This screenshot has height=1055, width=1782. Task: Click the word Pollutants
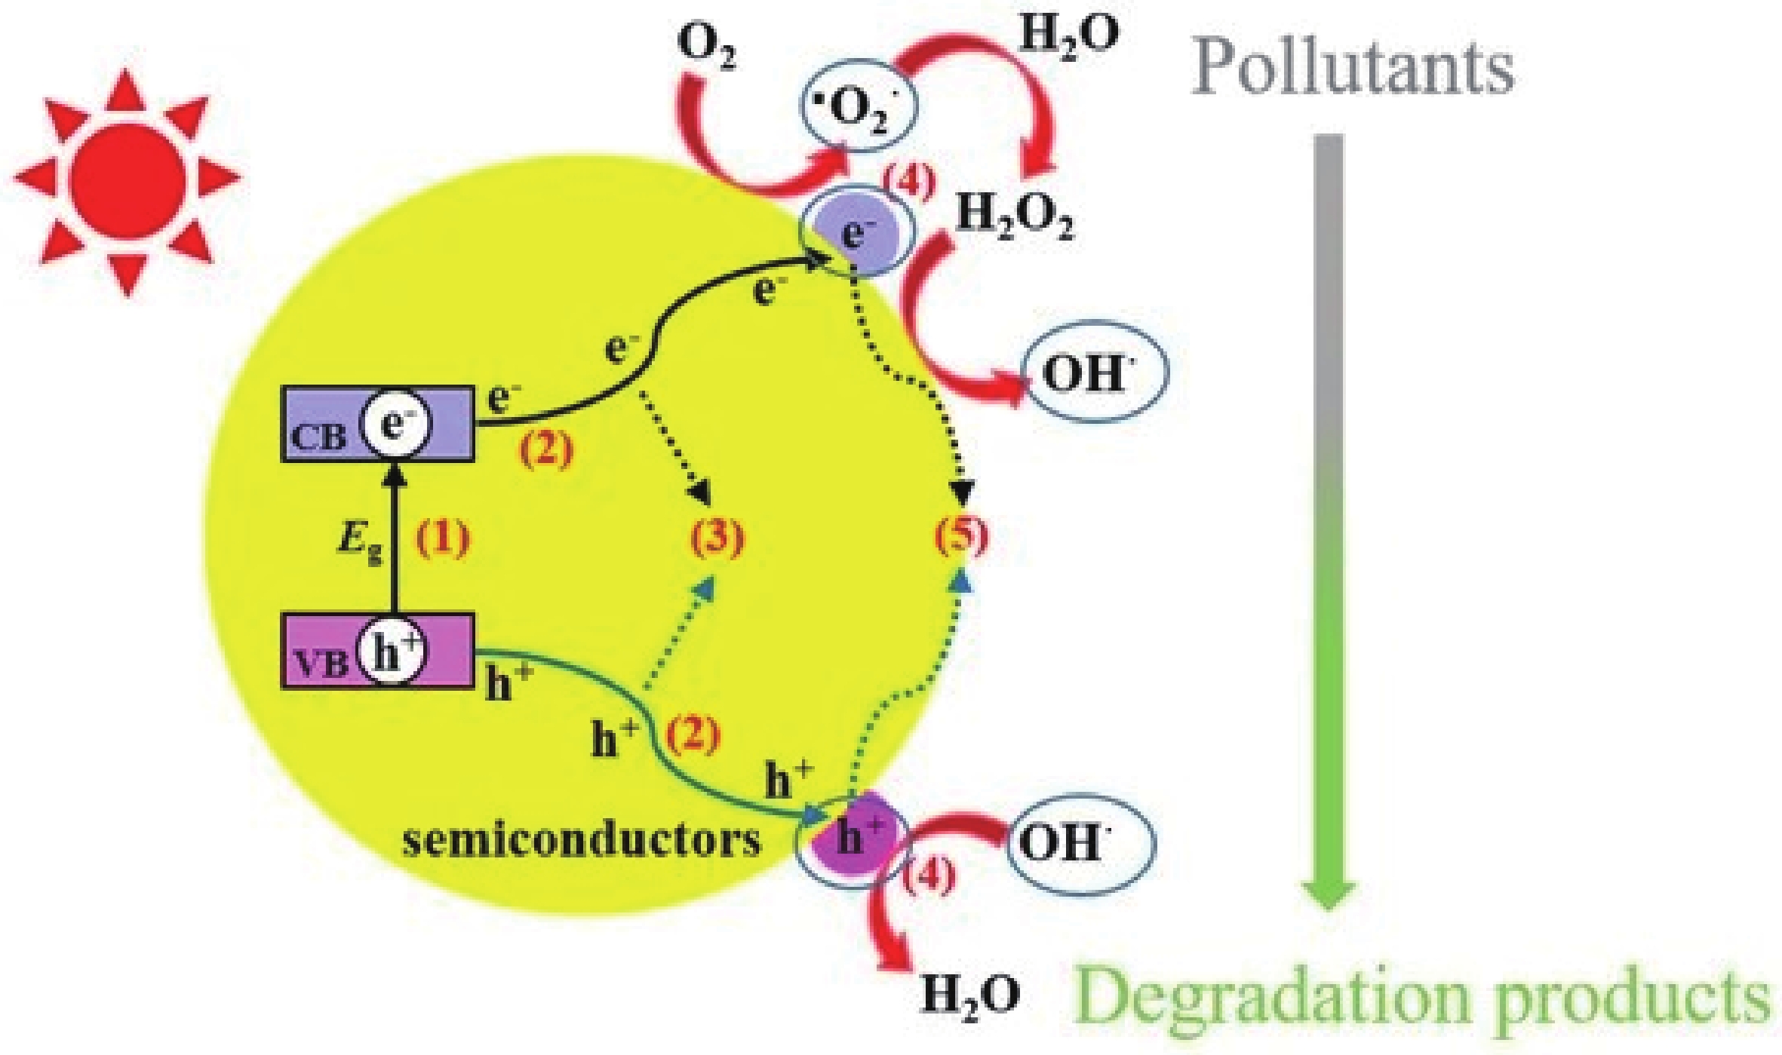(x=1353, y=68)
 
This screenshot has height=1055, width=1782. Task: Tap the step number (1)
(x=444, y=538)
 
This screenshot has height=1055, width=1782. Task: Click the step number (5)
(x=961, y=538)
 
